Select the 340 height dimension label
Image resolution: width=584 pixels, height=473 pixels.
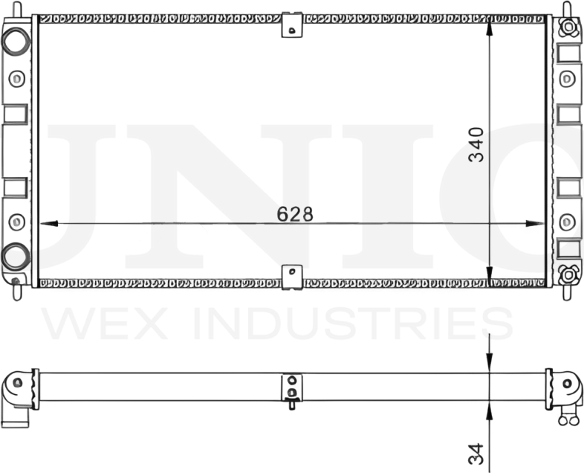click(476, 145)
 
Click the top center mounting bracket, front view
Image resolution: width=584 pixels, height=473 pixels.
click(292, 25)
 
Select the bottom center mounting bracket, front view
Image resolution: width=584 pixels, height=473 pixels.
click(292, 276)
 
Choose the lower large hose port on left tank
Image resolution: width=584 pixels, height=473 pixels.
click(14, 257)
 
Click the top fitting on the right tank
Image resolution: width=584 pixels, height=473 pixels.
click(568, 28)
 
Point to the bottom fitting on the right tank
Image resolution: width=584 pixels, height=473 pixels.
click(568, 274)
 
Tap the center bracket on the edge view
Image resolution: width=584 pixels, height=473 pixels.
click(292, 388)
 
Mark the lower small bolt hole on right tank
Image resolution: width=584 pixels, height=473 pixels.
click(568, 221)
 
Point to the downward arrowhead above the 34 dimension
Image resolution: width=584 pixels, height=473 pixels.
click(489, 361)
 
